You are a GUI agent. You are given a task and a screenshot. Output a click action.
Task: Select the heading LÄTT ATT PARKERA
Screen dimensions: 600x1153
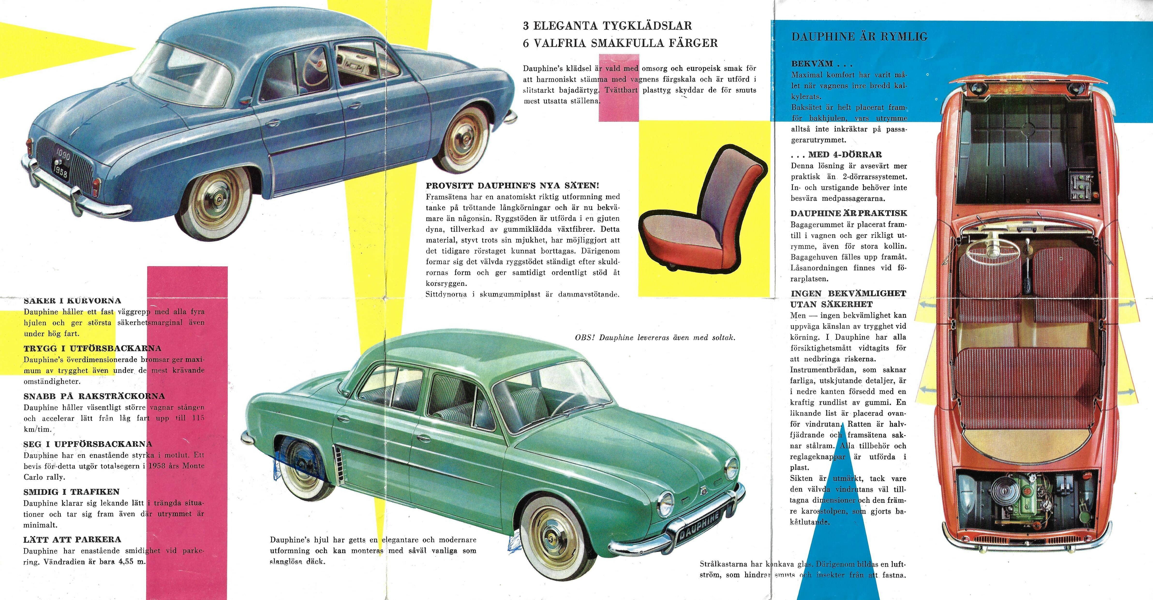point(72,540)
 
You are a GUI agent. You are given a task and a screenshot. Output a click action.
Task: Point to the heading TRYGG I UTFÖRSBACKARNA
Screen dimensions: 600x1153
point(92,349)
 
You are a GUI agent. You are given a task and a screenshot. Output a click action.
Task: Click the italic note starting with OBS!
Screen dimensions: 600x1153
point(655,338)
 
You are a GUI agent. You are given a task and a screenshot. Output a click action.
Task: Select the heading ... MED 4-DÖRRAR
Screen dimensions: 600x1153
point(836,155)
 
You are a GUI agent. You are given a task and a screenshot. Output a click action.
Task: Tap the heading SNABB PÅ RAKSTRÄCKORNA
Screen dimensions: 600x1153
point(94,396)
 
